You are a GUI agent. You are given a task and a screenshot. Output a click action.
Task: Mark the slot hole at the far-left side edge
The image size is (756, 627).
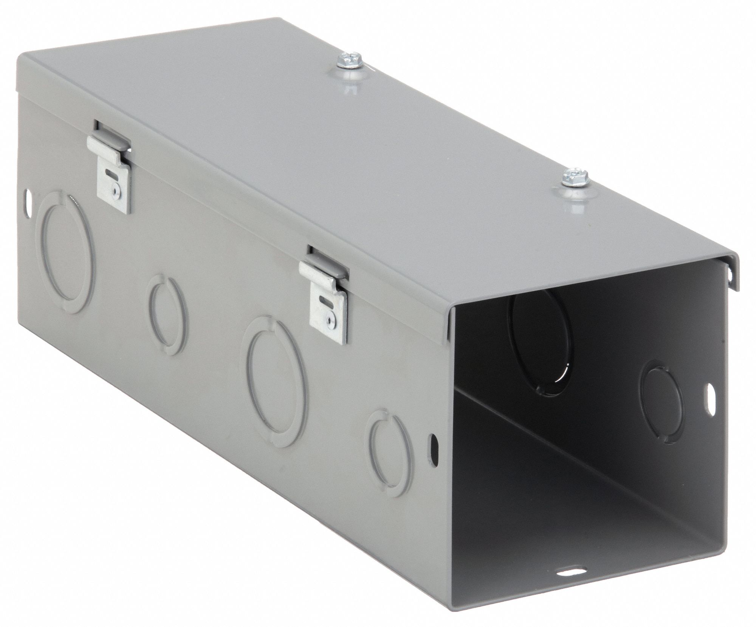[x=28, y=198]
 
